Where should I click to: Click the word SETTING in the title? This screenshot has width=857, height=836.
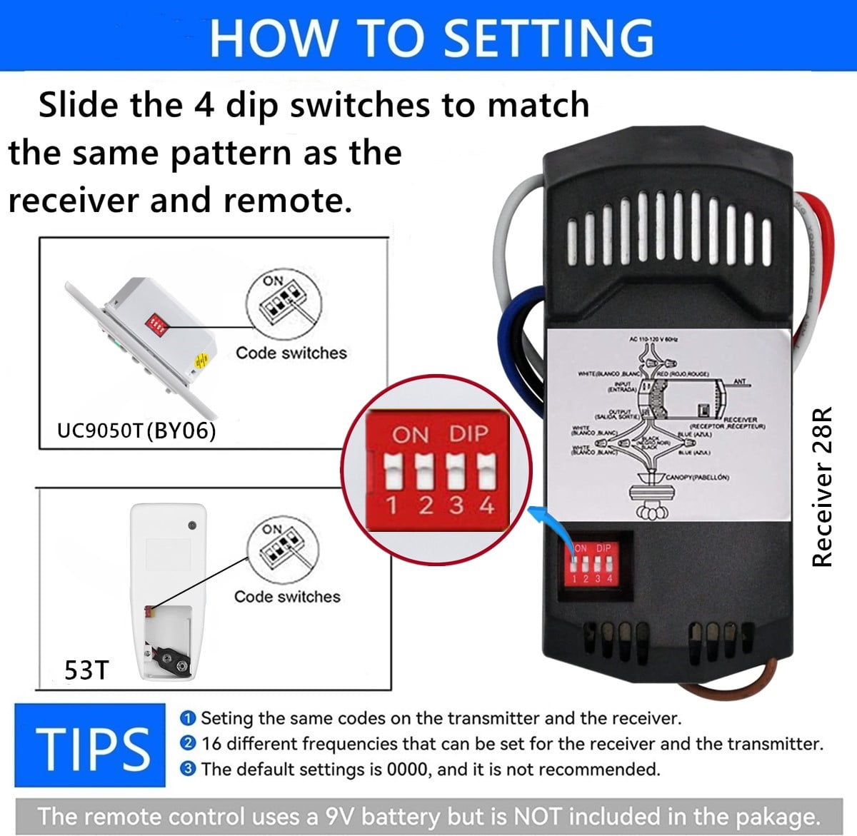pyautogui.click(x=548, y=37)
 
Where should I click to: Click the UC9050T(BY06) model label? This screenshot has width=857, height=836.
pyautogui.click(x=136, y=431)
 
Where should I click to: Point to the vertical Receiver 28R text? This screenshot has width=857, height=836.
pyautogui.click(x=823, y=488)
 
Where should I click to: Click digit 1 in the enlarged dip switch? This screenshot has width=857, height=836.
pyautogui.click(x=391, y=505)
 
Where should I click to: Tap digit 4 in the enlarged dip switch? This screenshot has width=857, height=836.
pyautogui.click(x=487, y=505)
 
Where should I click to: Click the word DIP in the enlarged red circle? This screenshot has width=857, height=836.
pyautogui.click(x=469, y=434)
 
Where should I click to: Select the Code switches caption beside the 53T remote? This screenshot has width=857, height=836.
pyautogui.click(x=287, y=597)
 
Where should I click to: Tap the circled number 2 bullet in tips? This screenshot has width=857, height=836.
pyautogui.click(x=189, y=744)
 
